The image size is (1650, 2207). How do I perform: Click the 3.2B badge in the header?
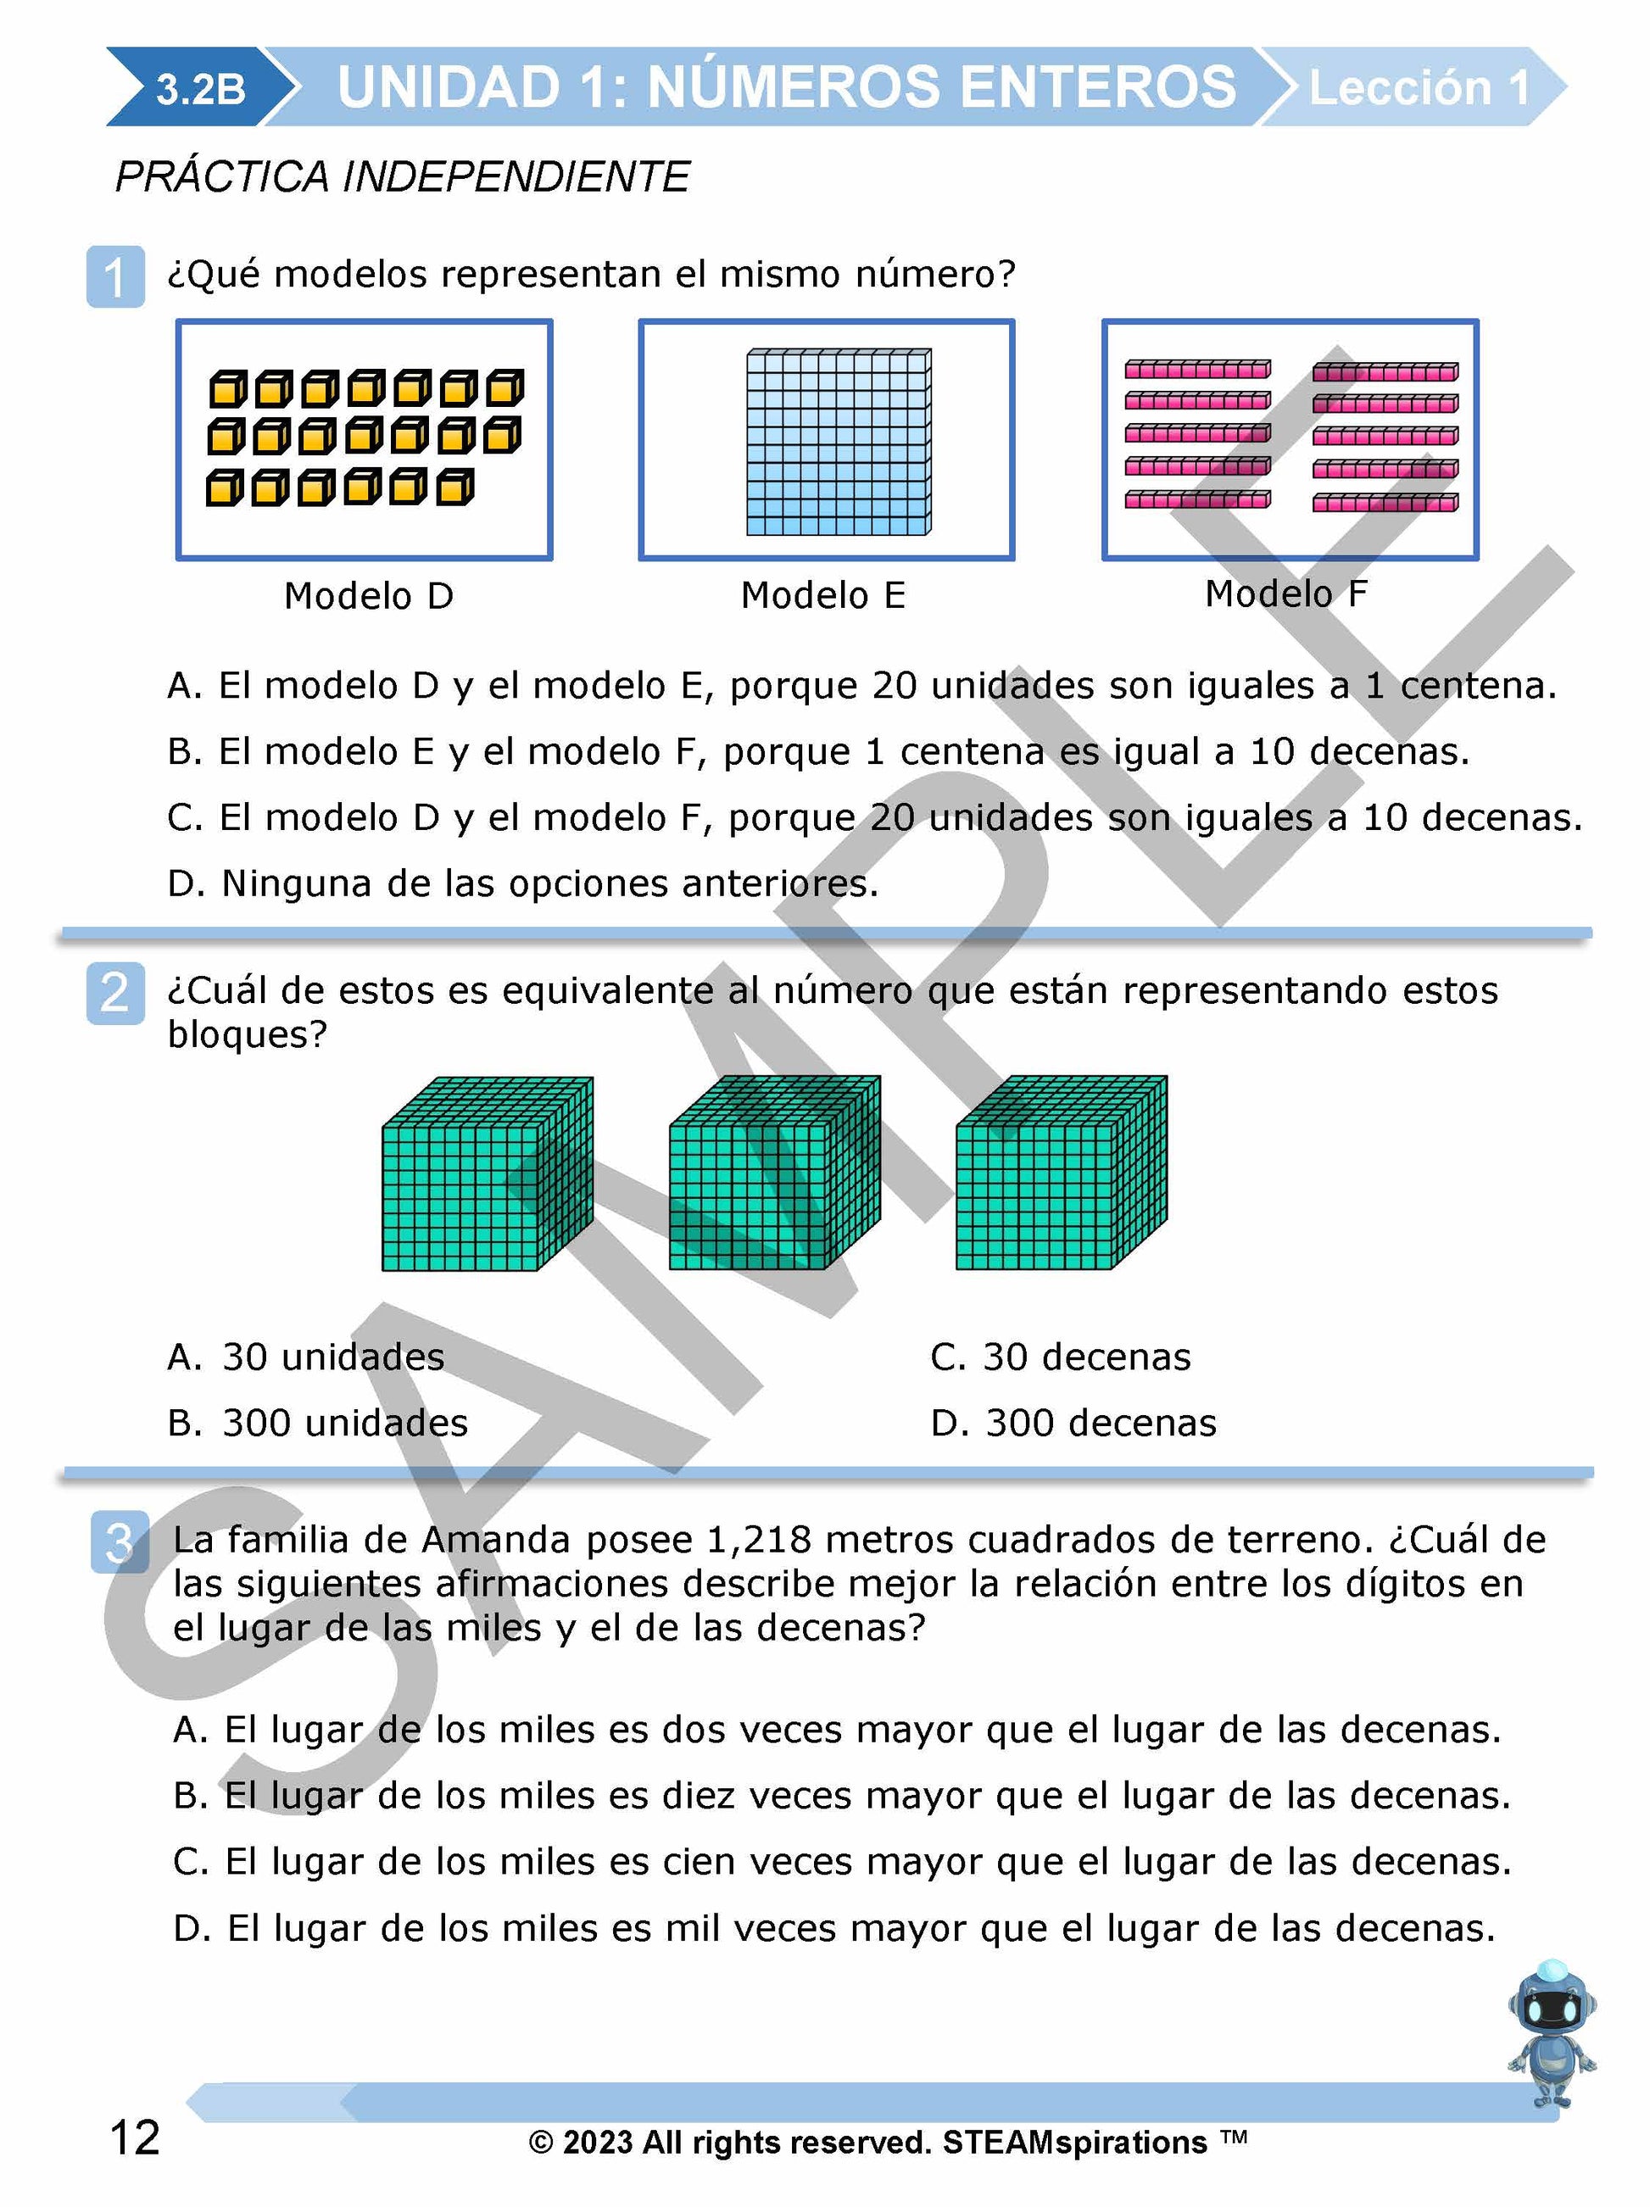[199, 89]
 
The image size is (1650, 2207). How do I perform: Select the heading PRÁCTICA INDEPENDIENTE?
[402, 176]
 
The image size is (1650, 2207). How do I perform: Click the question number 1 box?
[114, 276]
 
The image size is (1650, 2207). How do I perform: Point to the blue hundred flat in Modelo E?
[838, 442]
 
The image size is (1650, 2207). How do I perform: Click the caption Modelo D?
[368, 596]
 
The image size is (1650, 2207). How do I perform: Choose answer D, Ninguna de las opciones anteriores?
[523, 883]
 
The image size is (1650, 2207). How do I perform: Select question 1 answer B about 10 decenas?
[818, 751]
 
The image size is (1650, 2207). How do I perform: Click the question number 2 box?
[114, 993]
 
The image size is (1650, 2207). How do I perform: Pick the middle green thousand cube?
[774, 1173]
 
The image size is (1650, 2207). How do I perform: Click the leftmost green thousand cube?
[487, 1174]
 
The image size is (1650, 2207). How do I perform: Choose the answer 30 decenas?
[1061, 1357]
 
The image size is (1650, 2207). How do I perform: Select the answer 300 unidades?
[317, 1423]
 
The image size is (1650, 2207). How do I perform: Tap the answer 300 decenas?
[1073, 1423]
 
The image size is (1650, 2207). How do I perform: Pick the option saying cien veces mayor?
[841, 1862]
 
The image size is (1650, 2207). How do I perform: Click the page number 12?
[135, 2138]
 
